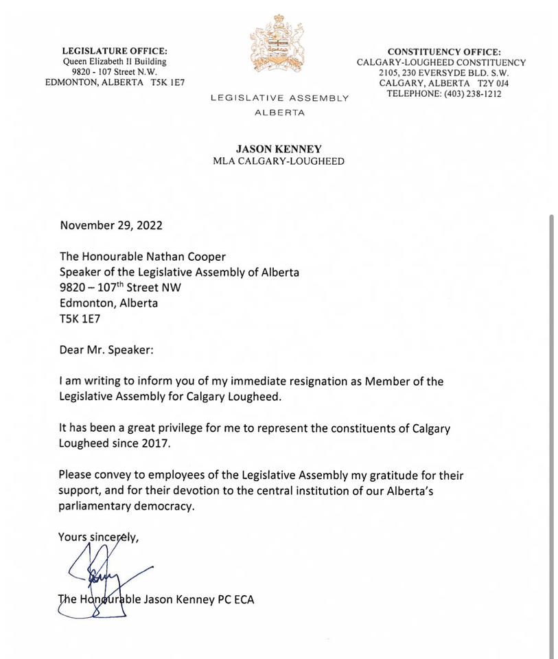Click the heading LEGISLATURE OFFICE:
click(115, 51)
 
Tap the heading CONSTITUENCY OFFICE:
click(444, 52)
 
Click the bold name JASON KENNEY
click(279, 149)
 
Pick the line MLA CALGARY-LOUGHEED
click(279, 161)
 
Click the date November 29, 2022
click(111, 225)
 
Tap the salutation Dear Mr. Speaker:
click(106, 349)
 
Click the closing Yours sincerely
click(98, 537)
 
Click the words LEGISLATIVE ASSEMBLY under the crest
click(279, 99)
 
